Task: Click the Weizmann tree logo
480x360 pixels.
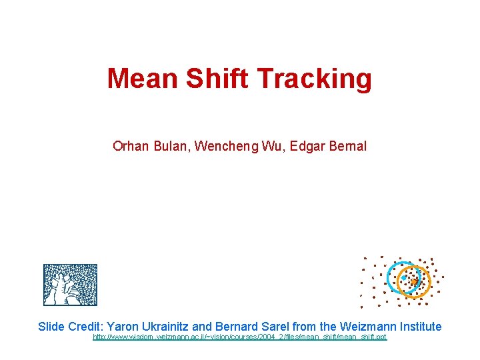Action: click(70, 285)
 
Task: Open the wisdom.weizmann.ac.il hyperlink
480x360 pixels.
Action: click(239, 337)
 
